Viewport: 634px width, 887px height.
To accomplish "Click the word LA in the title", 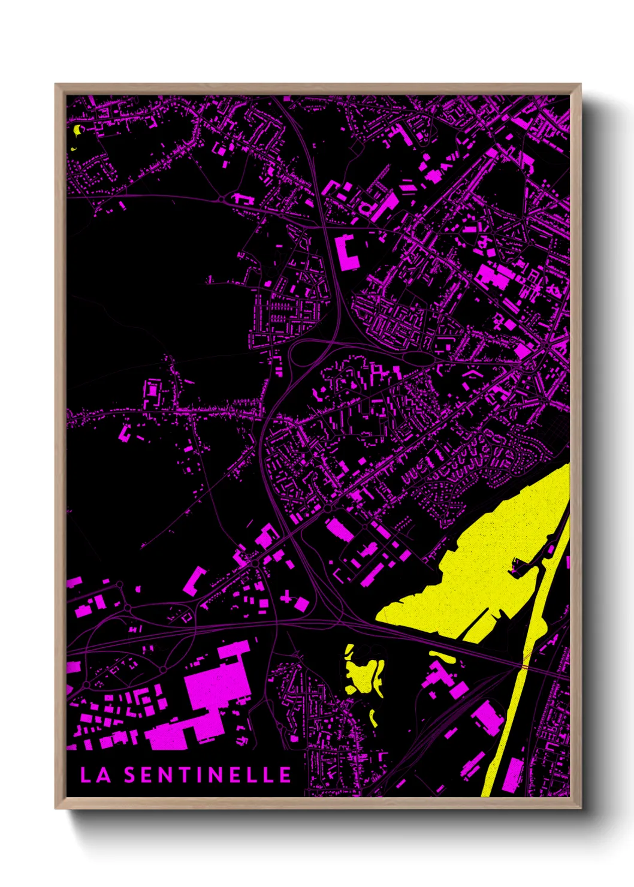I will click(x=95, y=775).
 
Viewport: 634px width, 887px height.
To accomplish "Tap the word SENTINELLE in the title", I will click(x=207, y=775).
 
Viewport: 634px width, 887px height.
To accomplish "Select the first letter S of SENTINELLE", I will click(x=130, y=775).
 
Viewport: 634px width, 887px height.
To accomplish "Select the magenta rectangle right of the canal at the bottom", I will click(x=514, y=775).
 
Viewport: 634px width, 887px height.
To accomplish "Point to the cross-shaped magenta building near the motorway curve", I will click(x=288, y=598).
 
